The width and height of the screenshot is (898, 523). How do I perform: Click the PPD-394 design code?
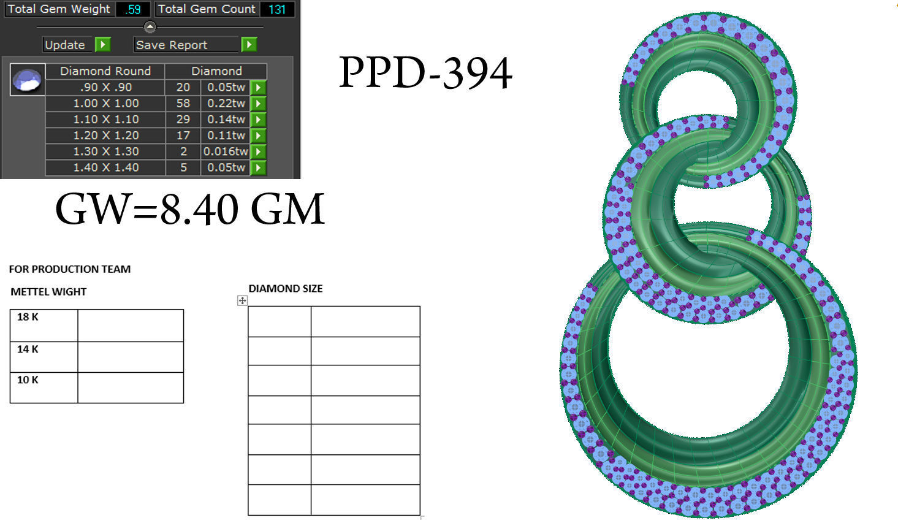(x=425, y=74)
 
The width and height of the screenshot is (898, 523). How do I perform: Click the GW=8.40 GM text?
(x=189, y=209)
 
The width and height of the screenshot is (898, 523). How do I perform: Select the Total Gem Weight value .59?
(x=133, y=9)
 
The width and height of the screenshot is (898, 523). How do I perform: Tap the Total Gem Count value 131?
(x=276, y=9)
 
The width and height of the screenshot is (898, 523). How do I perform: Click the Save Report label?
(x=172, y=45)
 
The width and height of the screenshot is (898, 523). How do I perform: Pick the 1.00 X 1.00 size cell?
(x=105, y=103)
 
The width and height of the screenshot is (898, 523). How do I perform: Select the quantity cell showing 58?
(x=183, y=103)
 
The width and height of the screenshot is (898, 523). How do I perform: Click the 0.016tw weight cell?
(x=226, y=151)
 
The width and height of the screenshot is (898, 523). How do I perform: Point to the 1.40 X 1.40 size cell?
(x=105, y=167)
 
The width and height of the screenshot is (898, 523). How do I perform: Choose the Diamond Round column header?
(x=105, y=71)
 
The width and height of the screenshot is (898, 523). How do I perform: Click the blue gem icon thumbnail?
(x=28, y=80)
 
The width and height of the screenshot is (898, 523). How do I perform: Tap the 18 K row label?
(x=28, y=317)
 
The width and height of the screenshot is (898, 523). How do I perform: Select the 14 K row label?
(x=28, y=349)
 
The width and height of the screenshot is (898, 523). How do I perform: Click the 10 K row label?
(x=28, y=380)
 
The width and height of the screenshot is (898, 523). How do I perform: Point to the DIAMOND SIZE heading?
(x=285, y=288)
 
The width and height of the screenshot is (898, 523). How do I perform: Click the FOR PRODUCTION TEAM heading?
(x=69, y=269)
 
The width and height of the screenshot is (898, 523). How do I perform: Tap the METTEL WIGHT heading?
(x=48, y=292)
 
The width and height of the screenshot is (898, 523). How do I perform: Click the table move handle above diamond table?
(x=242, y=300)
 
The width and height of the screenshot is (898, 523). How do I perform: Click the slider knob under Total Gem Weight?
(x=150, y=27)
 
